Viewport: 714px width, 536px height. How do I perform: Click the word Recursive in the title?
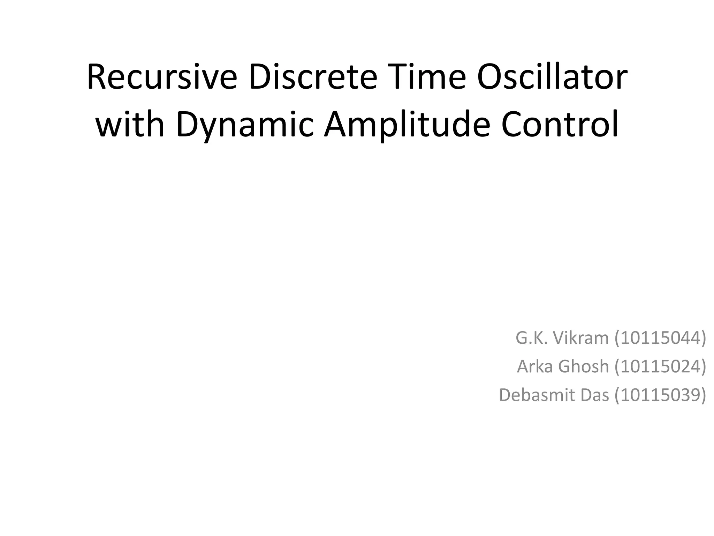click(162, 77)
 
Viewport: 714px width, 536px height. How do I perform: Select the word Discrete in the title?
click(312, 77)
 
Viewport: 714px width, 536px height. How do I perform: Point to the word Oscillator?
click(552, 77)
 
